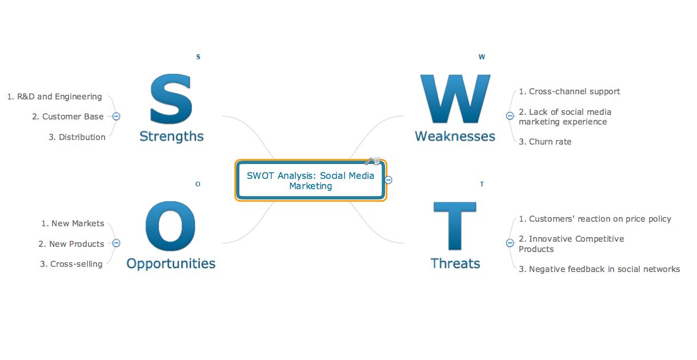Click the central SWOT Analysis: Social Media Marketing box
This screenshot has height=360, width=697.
click(x=310, y=181)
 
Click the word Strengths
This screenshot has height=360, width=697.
click(x=171, y=136)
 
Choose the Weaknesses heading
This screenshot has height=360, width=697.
click(x=455, y=136)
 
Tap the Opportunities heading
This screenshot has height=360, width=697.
click(x=171, y=263)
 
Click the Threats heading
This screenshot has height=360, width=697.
click(x=455, y=263)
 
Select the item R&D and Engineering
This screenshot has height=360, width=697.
click(x=54, y=97)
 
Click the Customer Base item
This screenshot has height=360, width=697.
click(x=67, y=117)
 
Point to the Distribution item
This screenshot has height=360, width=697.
click(x=77, y=137)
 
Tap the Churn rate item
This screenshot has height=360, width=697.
click(x=545, y=142)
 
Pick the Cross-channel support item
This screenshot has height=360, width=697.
click(x=569, y=91)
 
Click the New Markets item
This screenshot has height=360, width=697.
click(x=73, y=223)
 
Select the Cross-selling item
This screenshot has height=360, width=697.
click(x=71, y=264)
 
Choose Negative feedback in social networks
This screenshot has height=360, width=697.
click(x=599, y=269)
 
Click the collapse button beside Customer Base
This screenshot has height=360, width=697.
click(x=116, y=116)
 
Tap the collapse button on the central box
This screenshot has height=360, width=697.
click(x=388, y=180)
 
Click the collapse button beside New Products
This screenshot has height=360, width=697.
click(x=116, y=243)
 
